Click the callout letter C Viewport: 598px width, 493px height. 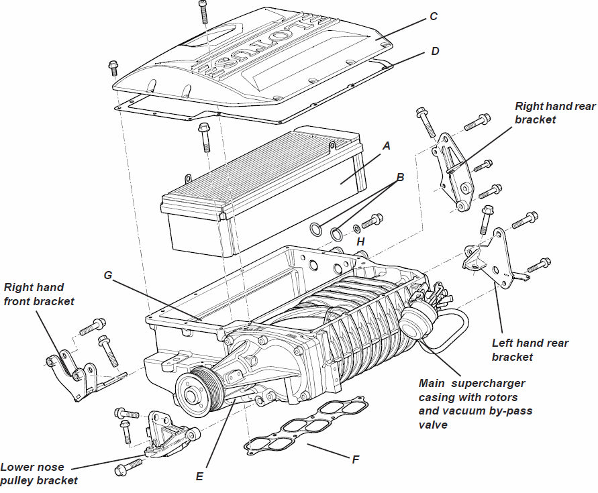point(434,16)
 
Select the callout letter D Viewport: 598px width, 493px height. point(435,51)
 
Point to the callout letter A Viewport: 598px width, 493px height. point(386,145)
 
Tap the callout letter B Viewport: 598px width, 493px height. point(401,178)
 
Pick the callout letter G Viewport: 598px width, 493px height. point(107,275)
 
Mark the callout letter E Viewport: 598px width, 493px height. point(199,476)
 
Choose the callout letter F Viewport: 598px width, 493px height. point(356,459)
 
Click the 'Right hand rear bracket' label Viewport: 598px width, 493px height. point(554,113)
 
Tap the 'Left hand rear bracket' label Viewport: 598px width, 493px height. point(530,349)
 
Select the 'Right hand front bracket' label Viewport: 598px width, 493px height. point(39,294)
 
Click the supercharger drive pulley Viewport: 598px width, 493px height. point(195,390)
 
